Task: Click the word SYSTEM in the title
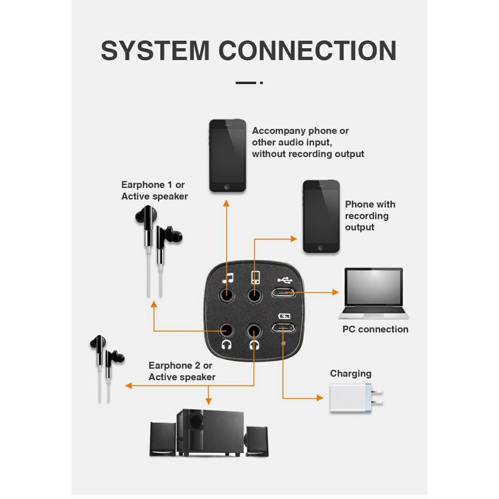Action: pos(155,51)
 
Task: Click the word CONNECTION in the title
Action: pos(307,51)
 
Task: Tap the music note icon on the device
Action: pos(228,278)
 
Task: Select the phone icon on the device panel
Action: pos(255,277)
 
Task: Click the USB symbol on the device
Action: pos(285,280)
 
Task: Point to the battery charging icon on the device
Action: pos(284,316)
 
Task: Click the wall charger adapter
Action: pos(356,398)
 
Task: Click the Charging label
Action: pos(350,373)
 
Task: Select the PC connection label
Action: pos(375,329)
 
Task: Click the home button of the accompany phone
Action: pos(227,187)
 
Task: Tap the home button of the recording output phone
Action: pos(321,248)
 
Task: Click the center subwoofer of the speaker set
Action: pos(210,432)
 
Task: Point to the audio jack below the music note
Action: pos(227,295)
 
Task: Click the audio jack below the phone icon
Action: pos(254,295)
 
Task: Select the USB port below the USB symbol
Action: pos(283,292)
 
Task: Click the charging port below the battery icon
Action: pos(283,328)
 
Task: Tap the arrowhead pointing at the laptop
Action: pos(335,292)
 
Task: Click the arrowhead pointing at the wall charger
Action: pos(320,398)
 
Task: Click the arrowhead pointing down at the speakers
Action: pos(209,402)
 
